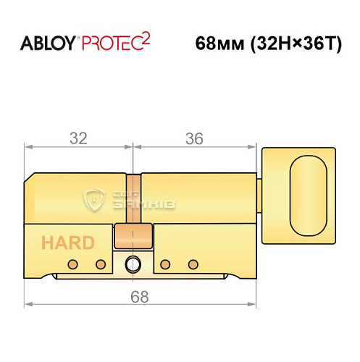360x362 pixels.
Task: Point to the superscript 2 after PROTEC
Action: pyautogui.click(x=147, y=37)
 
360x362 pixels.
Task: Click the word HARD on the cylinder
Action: pyautogui.click(x=67, y=242)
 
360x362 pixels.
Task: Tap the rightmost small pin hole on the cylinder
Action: pyautogui.click(x=192, y=262)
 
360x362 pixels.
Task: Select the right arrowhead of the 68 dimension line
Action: pyautogui.click(x=256, y=303)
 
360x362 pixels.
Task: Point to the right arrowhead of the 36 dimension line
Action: pyautogui.click(x=256, y=146)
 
